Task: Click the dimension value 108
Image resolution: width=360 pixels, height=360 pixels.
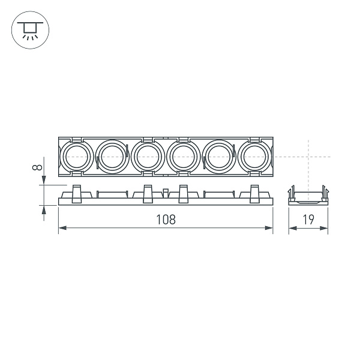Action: point(165,220)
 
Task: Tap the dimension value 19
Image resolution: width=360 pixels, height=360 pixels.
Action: point(308,220)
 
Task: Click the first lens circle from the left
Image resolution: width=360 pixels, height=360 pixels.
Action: point(75,158)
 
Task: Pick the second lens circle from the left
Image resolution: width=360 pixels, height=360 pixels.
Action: point(110,158)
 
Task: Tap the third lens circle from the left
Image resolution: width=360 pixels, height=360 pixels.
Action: point(146,158)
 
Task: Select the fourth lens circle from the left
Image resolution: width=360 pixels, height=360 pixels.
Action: point(181,158)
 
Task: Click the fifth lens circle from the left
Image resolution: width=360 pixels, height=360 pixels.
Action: point(217,158)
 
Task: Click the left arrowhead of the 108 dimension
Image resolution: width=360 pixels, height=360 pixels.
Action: point(62,228)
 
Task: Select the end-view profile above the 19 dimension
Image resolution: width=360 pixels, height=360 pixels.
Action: point(308,196)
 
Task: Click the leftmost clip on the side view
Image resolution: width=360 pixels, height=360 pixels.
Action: point(76,194)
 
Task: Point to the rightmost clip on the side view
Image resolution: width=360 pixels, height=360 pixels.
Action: point(254,194)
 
